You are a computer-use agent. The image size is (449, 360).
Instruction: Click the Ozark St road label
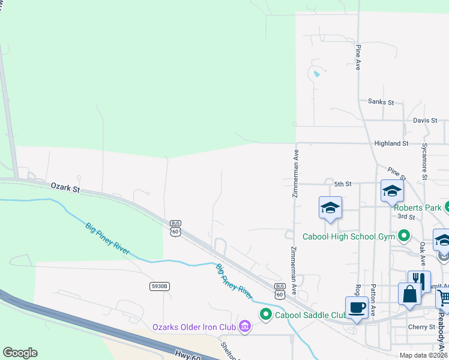coord(65,188)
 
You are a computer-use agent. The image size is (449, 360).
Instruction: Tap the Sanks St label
coord(381,103)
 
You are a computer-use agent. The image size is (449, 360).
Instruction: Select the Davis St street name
coord(425,121)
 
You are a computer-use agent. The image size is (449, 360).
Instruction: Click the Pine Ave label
coord(358,58)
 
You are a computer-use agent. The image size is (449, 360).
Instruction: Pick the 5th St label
coord(342,184)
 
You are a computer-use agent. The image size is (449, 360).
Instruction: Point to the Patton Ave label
coord(373,301)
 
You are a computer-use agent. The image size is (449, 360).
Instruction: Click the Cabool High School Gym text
coord(349,236)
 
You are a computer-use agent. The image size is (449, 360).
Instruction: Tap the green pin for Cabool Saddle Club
coord(265,314)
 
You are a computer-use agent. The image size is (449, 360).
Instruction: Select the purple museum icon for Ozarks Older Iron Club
coord(244,326)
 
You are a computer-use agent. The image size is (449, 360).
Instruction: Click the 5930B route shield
coord(160,287)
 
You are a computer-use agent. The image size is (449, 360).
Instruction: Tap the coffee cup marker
coord(357,307)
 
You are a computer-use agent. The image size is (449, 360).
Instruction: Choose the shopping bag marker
coord(409,294)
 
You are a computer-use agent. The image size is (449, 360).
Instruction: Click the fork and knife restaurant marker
coord(419,281)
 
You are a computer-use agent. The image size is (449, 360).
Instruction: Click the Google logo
coord(20,353)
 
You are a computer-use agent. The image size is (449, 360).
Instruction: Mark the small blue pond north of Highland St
coord(316,74)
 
